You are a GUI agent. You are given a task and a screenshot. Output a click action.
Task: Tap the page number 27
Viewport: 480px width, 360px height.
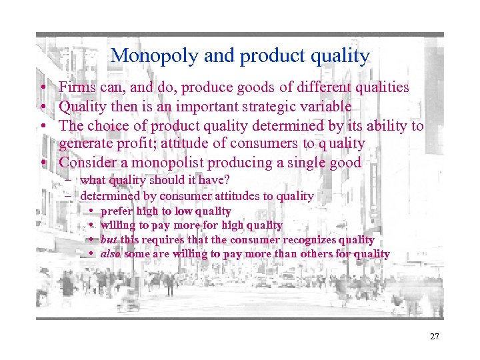pos(434,337)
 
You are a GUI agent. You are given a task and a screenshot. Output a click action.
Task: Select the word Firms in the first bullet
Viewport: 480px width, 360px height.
pos(75,87)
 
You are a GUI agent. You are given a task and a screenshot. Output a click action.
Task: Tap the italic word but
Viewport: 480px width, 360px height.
pos(109,239)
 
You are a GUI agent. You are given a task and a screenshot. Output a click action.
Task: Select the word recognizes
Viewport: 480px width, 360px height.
pos(309,239)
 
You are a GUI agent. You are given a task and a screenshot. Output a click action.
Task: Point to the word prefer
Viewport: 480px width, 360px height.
pos(116,211)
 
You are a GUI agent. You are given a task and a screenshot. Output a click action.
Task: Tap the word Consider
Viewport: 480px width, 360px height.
pos(85,163)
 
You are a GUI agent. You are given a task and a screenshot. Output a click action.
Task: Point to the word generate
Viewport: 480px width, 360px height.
pos(85,144)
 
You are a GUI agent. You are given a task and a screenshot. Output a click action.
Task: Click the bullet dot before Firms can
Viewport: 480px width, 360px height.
pos(42,88)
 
